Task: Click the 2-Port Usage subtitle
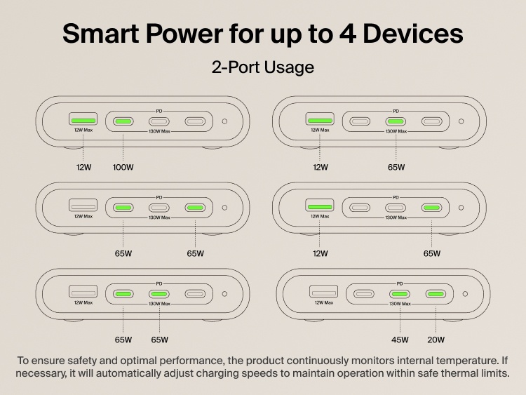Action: (262, 68)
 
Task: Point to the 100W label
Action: (123, 168)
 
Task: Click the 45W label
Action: (400, 340)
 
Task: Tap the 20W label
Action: (436, 340)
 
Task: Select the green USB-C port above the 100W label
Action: (123, 121)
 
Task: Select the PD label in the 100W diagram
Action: (159, 111)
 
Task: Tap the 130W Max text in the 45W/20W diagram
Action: (400, 304)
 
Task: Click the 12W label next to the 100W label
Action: (83, 168)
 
